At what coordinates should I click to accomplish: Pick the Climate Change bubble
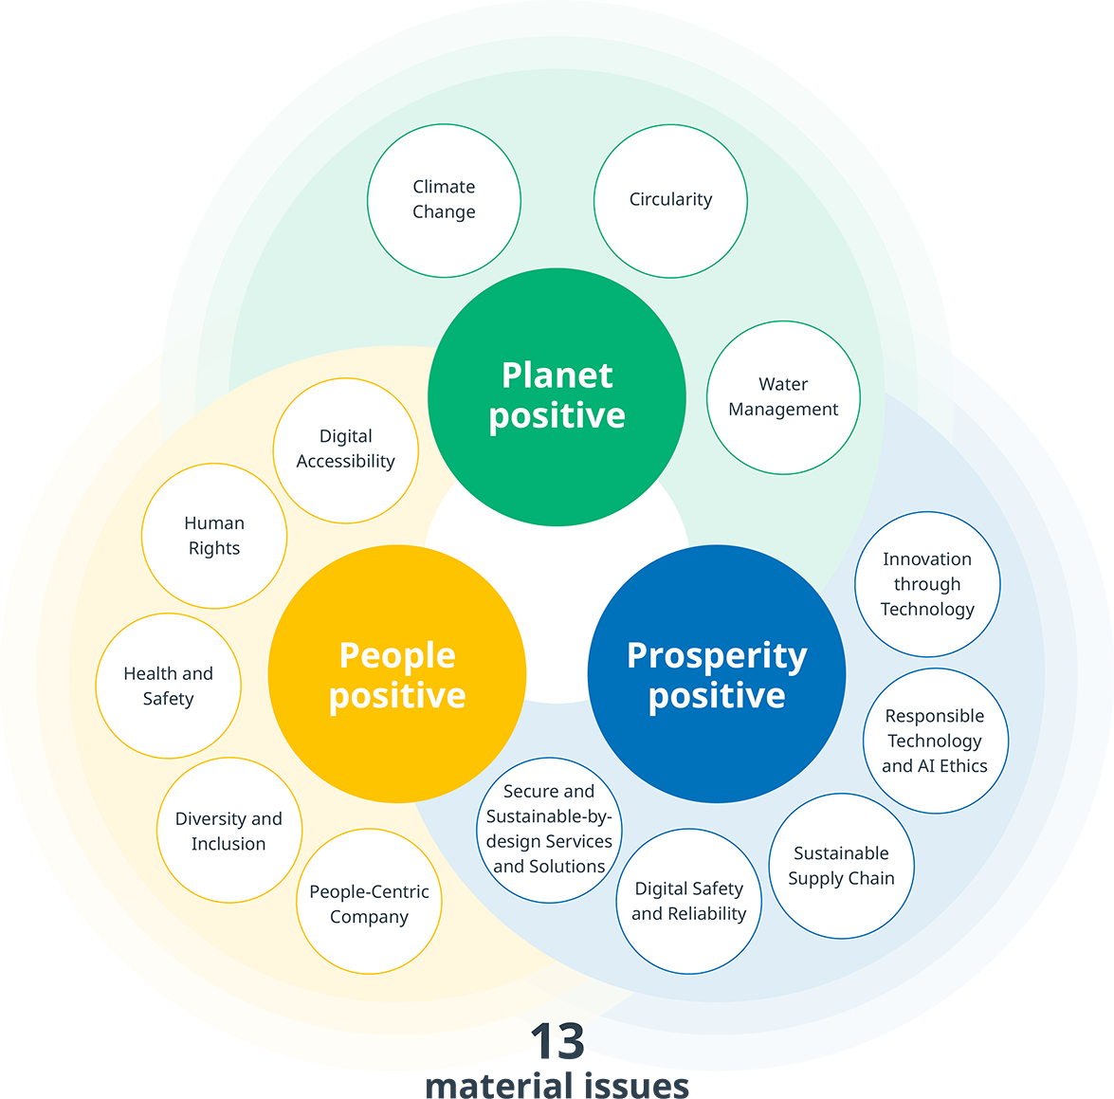click(x=444, y=200)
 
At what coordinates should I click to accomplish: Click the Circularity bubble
click(x=670, y=200)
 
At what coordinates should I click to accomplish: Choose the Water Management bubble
click(x=783, y=397)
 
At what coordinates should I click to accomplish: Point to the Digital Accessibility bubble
click(x=345, y=449)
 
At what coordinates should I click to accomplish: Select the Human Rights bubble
click(x=214, y=536)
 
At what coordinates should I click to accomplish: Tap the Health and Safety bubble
click(x=168, y=686)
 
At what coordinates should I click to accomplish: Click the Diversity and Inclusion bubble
click(x=228, y=831)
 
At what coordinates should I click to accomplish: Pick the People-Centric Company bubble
click(x=369, y=902)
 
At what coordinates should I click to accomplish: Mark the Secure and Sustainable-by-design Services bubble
click(x=549, y=829)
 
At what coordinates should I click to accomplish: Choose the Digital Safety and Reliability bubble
click(x=689, y=901)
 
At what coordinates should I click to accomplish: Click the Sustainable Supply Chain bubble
click(x=841, y=866)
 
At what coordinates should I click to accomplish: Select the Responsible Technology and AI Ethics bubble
click(x=935, y=741)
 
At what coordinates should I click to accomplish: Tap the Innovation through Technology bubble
click(x=927, y=584)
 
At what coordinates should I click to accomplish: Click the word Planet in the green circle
click(x=557, y=375)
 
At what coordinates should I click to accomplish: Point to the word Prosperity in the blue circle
click(x=717, y=656)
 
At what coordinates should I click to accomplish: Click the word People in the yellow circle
click(x=397, y=655)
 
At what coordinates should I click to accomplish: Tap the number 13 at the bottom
click(x=557, y=1036)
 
